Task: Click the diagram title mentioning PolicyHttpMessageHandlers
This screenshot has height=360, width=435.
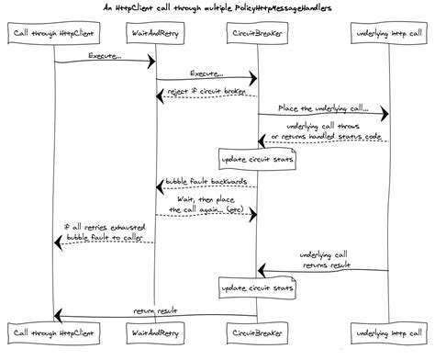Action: coord(217,9)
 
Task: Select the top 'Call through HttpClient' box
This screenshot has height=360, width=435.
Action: coord(54,34)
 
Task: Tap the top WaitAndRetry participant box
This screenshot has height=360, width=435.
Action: coord(155,34)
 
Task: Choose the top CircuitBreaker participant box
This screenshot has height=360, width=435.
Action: coord(257,34)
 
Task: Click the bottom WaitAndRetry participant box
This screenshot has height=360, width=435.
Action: coord(155,329)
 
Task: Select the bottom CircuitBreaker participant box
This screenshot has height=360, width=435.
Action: coord(257,329)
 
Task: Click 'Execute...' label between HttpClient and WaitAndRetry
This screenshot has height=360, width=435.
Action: coord(105,56)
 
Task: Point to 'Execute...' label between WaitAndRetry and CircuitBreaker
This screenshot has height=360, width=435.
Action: coord(206,73)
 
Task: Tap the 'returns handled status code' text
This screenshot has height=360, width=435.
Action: coord(323,136)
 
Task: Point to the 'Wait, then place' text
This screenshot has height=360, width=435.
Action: coord(206,198)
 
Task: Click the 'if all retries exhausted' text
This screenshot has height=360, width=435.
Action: coord(104,226)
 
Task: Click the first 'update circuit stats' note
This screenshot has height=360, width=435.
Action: coord(257,159)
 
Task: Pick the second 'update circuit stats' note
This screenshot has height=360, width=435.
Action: coord(257,288)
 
